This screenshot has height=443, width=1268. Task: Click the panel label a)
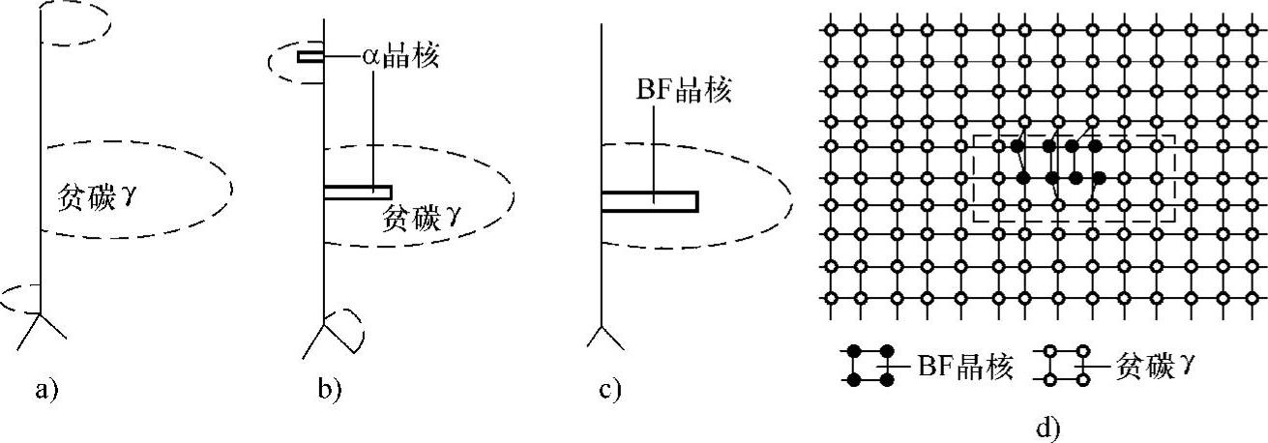tap(46, 391)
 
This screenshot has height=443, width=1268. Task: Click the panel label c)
tap(609, 391)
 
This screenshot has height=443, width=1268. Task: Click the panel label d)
tap(1048, 427)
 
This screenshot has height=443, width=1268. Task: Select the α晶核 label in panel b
tap(400, 57)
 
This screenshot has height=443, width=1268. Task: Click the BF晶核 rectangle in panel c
tap(649, 201)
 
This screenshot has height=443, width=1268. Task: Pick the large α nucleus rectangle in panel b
tap(357, 192)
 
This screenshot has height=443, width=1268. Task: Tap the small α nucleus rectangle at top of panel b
tap(310, 57)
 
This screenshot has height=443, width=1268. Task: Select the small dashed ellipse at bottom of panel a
tap(19, 298)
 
